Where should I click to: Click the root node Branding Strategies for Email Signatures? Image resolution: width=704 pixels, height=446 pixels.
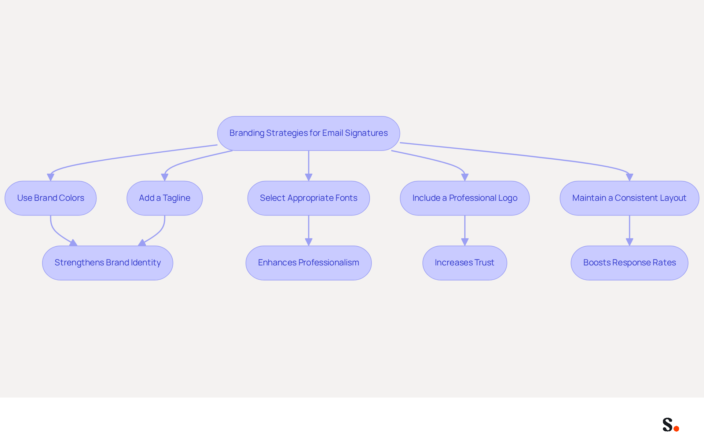coord(308,133)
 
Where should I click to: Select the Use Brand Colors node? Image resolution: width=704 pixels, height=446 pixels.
coord(51,198)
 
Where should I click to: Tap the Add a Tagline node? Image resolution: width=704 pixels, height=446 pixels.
coord(165,198)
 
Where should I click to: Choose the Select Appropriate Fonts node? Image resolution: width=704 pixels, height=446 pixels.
coord(309,198)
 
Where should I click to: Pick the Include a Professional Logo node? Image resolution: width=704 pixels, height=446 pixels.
coord(465,198)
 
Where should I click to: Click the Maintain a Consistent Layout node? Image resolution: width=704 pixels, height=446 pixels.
coord(630,198)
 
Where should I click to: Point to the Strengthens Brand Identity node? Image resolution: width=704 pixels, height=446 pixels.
coord(108,263)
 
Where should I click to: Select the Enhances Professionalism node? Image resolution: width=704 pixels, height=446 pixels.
coord(309,263)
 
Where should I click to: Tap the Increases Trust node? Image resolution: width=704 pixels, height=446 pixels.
coord(465,263)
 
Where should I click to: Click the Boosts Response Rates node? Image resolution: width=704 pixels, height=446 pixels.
coord(630,263)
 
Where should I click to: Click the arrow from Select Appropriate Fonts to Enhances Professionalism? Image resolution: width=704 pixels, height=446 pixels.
coord(309,231)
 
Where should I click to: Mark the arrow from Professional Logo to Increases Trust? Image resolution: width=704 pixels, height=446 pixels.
coord(465,231)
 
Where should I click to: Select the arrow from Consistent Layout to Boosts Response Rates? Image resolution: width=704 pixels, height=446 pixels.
coord(630,231)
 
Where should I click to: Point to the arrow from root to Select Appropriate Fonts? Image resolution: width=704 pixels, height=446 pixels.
coord(309,166)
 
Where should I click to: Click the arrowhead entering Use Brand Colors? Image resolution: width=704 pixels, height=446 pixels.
coord(51,177)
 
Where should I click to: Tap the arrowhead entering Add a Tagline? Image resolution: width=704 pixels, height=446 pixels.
coord(165,177)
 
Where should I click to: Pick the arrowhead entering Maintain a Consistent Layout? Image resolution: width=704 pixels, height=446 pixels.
coord(630,177)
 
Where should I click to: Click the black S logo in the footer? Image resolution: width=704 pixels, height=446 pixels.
coord(668,424)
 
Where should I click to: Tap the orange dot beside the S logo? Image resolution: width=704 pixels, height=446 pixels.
coord(676,428)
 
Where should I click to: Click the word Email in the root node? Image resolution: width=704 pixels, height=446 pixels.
coord(333,133)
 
